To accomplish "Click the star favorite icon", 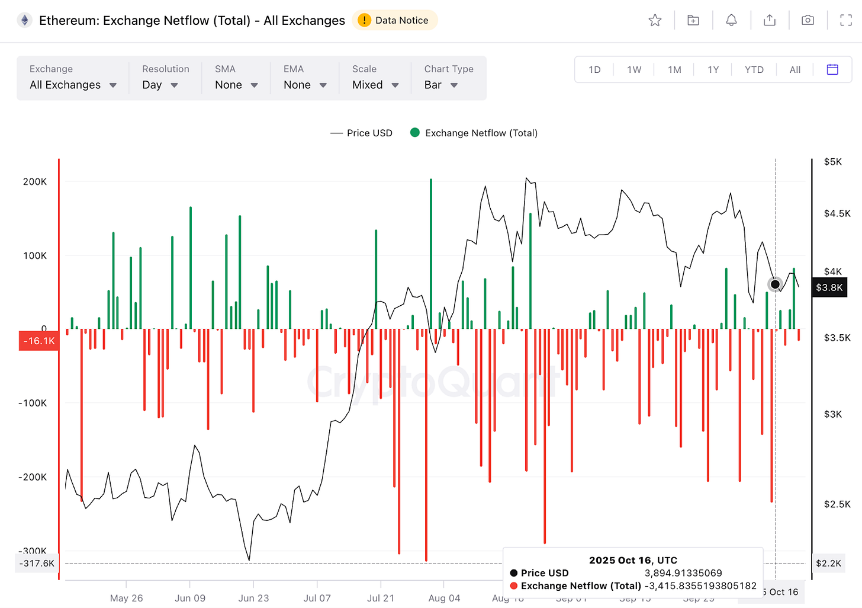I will coord(655,20).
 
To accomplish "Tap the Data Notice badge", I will coord(395,20).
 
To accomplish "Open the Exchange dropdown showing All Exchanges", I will coord(73,85).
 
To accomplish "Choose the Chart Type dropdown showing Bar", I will coord(441,85).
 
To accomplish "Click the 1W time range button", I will coord(634,69).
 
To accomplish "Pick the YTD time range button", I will coord(754,69).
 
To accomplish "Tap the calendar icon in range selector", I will coord(832,69).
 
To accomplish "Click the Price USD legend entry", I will coord(362,133).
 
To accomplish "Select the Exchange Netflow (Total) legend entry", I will coord(474,133).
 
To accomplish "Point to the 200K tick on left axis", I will coord(34,181).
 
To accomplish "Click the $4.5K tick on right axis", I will coord(837,213).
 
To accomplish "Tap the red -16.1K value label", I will coord(39,341).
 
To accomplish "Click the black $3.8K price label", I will coord(829,287).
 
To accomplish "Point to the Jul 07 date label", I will coord(317,598).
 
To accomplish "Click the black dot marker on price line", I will coord(775,284).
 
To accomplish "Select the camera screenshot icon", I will coord(808,20).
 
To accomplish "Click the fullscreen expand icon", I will coord(846,20).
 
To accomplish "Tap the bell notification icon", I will coord(731,20).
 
